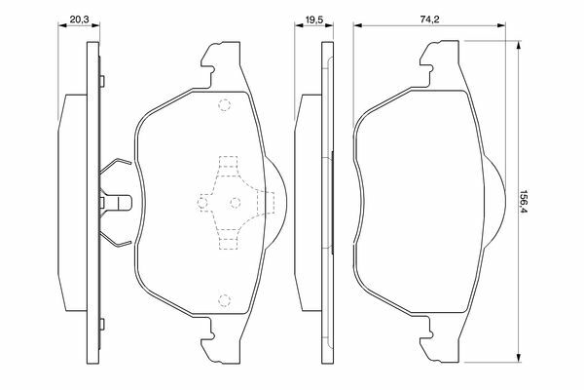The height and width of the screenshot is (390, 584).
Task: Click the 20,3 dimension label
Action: tap(80, 19)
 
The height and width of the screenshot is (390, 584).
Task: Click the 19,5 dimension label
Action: tap(314, 19)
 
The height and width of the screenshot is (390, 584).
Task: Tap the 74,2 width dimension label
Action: tap(429, 19)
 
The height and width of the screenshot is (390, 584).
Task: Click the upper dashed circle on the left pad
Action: tap(224, 105)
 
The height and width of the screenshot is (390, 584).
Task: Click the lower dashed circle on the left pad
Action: tap(224, 299)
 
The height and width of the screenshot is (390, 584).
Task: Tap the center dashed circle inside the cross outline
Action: tap(235, 203)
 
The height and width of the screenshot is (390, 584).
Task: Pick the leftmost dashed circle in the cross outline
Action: tap(202, 204)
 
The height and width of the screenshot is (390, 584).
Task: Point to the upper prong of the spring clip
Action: tap(116, 164)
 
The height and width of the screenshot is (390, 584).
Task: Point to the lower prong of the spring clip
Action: tap(116, 241)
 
